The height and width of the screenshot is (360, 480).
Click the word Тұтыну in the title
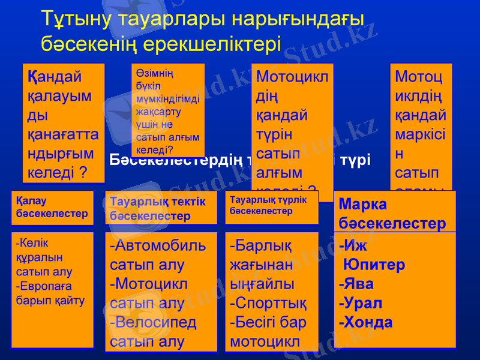pos(76,19)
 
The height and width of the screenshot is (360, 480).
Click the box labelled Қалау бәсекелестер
pos(52,208)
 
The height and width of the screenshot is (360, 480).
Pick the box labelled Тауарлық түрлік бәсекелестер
pos(271,207)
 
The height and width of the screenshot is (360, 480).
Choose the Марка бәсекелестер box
pos(394,212)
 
